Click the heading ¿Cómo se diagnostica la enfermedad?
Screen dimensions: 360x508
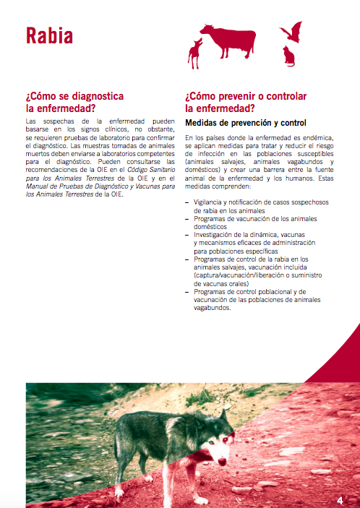pos(74,102)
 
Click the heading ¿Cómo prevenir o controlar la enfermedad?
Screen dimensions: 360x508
pos(246,102)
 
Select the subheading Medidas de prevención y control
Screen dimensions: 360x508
pos(246,123)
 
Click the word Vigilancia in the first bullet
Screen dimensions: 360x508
pos(208,204)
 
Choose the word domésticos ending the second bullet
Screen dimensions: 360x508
pos(212,227)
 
